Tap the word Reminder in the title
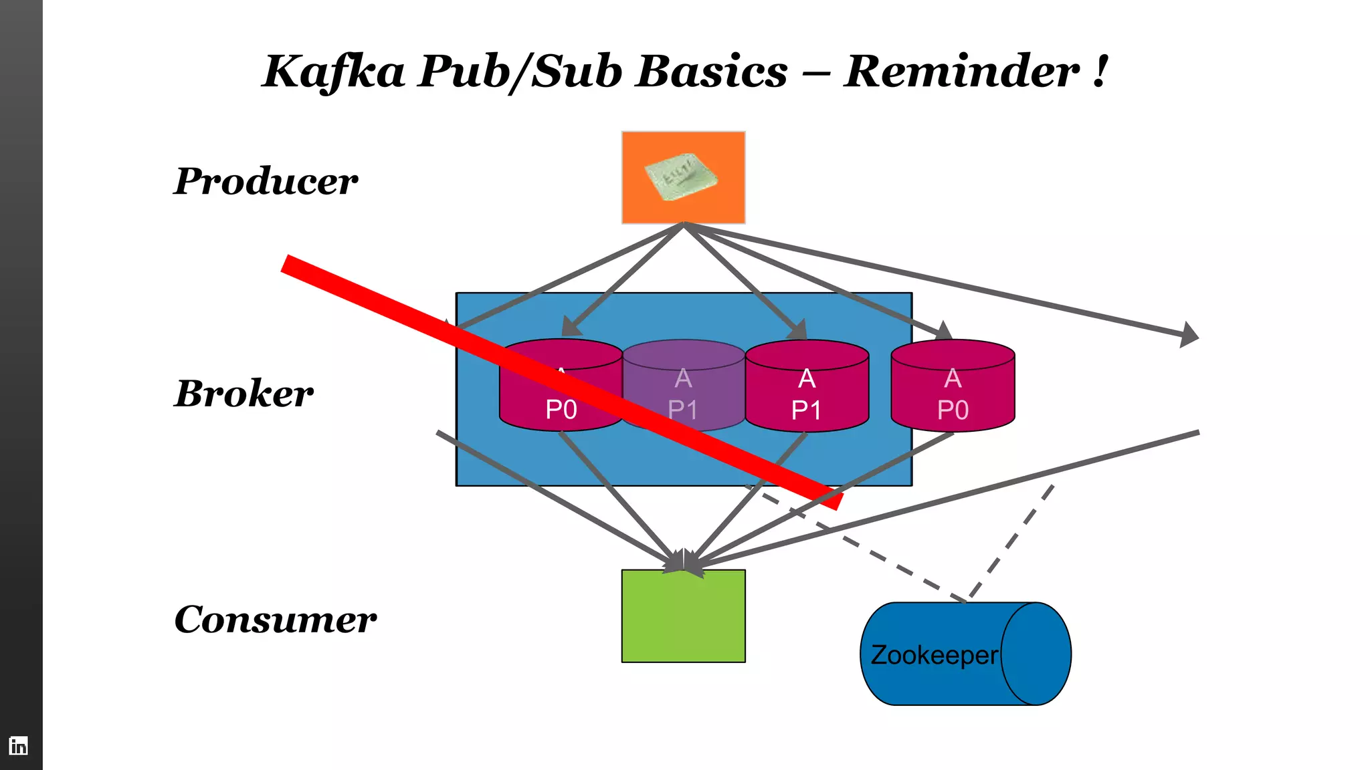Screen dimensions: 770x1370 [961, 71]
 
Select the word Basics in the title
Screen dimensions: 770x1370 [711, 71]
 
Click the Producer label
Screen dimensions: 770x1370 [266, 181]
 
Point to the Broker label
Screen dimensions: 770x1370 [243, 393]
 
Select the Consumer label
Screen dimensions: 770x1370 [275, 619]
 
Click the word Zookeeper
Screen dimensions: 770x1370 [934, 655]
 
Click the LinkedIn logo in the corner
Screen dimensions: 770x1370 [18, 745]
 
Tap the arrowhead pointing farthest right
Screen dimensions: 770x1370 [1189, 334]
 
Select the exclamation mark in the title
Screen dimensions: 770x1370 [1100, 71]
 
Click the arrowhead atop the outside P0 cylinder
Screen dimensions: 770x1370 [943, 331]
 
